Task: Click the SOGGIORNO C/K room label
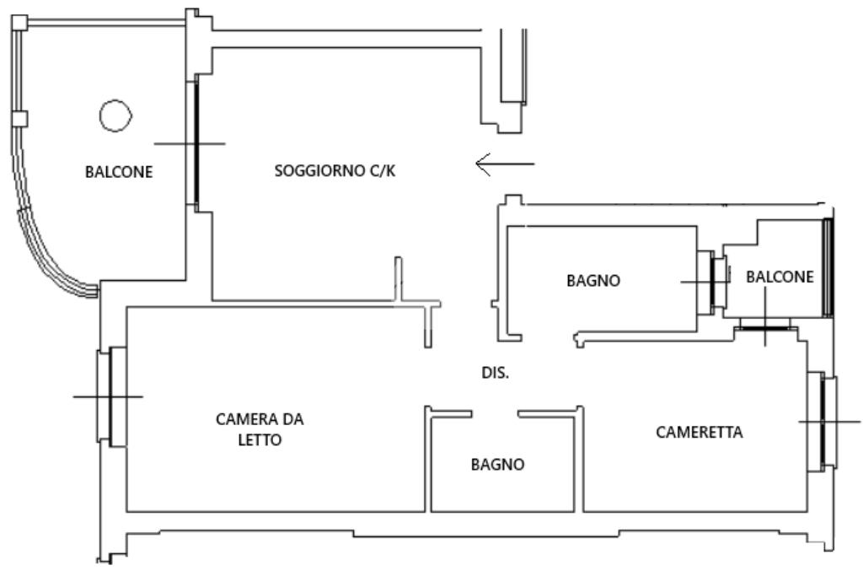[335, 172]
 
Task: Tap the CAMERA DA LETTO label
[259, 429]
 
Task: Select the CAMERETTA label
[699, 433]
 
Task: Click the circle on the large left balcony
[115, 116]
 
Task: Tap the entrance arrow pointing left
[504, 163]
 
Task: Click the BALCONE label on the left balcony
[119, 173]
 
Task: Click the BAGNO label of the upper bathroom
[593, 281]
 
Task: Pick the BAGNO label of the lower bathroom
[497, 464]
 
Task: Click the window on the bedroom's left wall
[110, 396]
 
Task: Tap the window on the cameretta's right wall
[822, 422]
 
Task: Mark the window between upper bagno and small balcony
[717, 283]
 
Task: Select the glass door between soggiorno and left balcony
[196, 143]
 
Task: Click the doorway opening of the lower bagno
[494, 412]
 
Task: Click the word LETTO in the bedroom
[259, 440]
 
